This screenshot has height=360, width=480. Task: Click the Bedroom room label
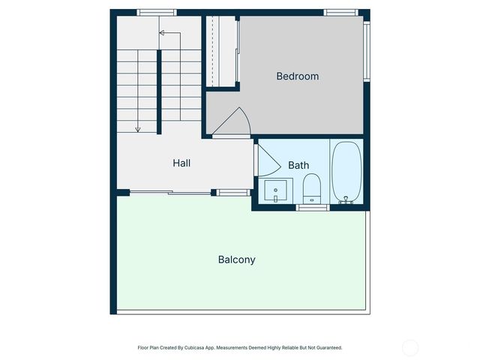(x=297, y=76)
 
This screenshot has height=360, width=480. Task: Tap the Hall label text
(x=182, y=162)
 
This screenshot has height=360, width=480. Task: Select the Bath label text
(x=298, y=165)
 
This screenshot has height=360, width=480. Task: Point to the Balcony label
(x=236, y=259)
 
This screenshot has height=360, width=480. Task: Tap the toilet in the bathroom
(x=311, y=187)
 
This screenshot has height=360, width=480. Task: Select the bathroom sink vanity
(x=276, y=191)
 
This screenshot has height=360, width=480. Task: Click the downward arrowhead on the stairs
(x=138, y=130)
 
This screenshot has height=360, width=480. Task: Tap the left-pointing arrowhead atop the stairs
(x=161, y=33)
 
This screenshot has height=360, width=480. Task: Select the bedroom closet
(x=221, y=51)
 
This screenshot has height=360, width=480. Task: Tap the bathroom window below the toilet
(x=313, y=207)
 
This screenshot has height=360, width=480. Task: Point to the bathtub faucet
(x=346, y=200)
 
